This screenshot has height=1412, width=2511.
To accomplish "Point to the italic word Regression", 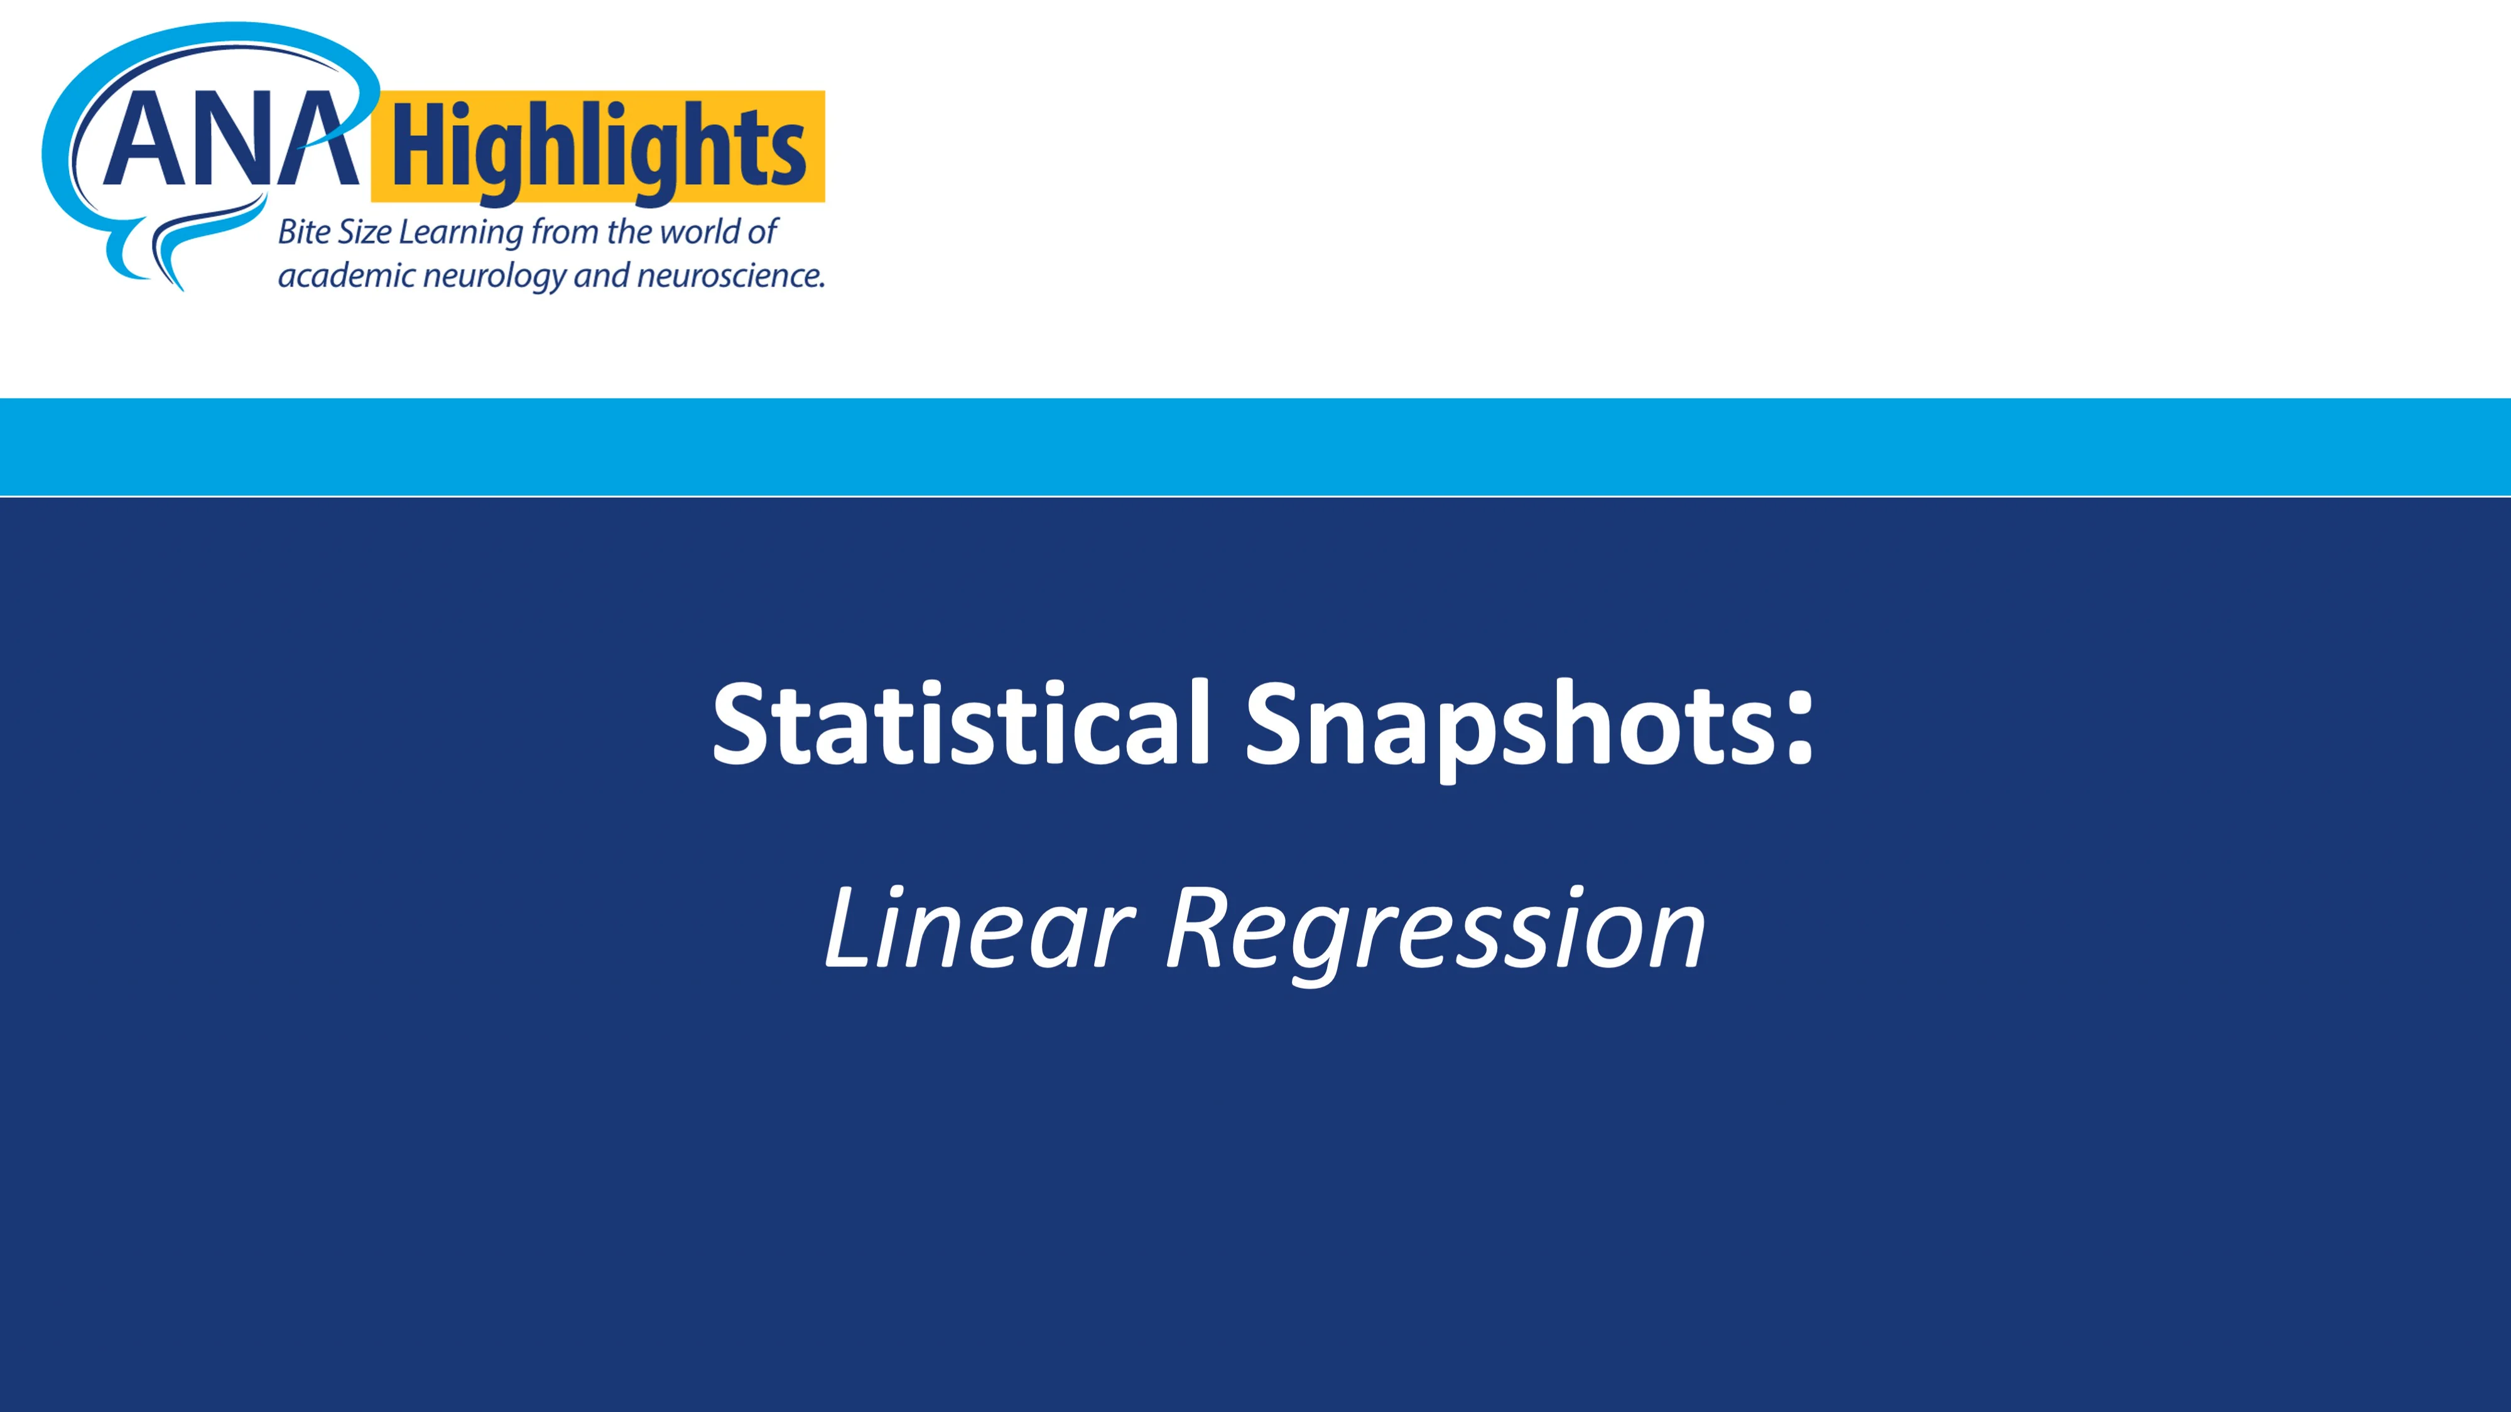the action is (x=1436, y=934).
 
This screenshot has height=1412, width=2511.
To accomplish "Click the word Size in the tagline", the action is (x=364, y=232).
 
